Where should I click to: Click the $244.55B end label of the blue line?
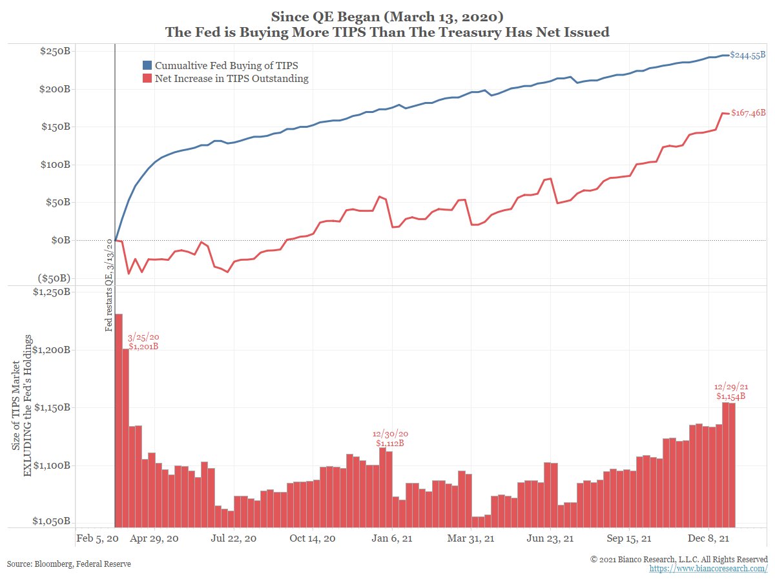748,56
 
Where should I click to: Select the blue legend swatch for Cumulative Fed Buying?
147,66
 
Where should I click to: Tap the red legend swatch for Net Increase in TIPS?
147,79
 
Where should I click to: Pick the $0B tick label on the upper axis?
60,240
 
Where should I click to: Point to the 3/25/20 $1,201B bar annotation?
143,341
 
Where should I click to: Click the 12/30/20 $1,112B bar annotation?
389,438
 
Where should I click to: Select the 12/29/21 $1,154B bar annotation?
730,391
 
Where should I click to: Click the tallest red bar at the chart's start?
119,420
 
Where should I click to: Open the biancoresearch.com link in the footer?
708,568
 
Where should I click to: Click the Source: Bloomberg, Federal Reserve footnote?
69,564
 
